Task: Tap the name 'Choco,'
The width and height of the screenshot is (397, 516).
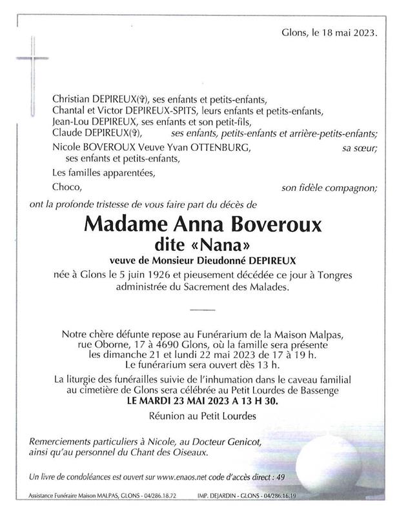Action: point(68,188)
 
